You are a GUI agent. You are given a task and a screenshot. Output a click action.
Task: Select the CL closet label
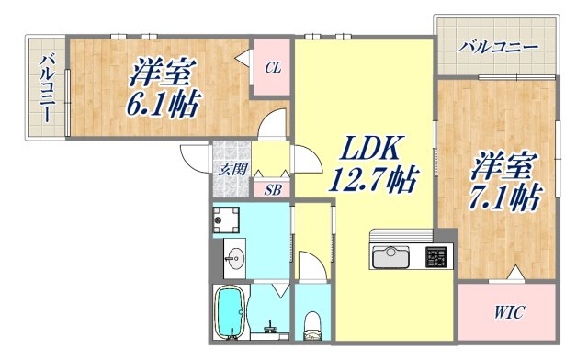point(273,67)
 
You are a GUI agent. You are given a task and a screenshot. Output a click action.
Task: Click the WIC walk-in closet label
point(506,313)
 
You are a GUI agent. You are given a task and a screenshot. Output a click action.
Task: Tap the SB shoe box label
point(273,190)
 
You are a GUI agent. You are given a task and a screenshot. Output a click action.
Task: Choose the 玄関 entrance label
point(232,169)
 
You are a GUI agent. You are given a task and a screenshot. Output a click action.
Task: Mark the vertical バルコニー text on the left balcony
point(45,89)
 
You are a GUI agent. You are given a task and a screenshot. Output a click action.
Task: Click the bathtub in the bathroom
point(229,313)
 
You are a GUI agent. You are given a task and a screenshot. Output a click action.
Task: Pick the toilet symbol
point(312,321)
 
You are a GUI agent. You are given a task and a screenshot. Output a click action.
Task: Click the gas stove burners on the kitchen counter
point(435,254)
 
